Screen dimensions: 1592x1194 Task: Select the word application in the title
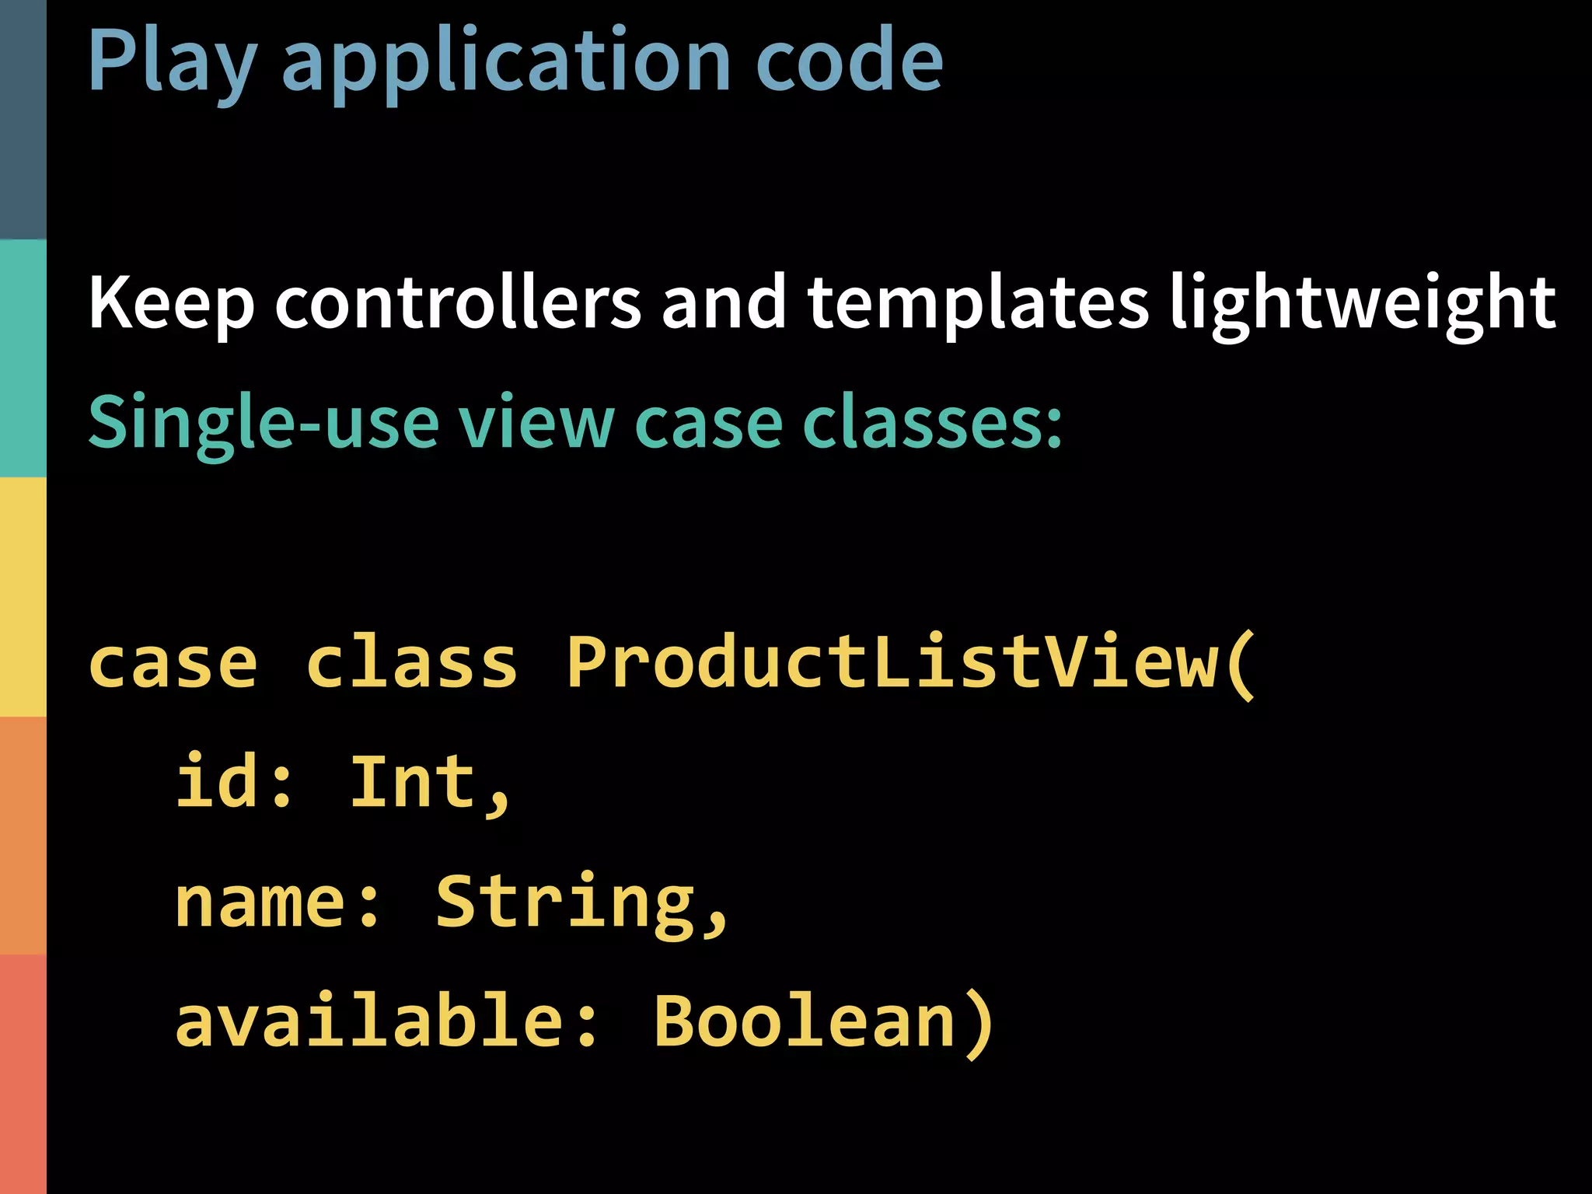[x=505, y=62]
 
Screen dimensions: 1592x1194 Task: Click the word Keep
[x=171, y=303]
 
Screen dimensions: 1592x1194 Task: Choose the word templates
[x=977, y=303]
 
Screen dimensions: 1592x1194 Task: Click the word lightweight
[x=1362, y=303]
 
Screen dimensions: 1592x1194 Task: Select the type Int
[x=412, y=781]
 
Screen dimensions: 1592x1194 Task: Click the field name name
[x=259, y=902]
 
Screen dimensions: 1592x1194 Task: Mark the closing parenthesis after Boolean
[x=978, y=1022]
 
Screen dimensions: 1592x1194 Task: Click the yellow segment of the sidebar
[x=23, y=596]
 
